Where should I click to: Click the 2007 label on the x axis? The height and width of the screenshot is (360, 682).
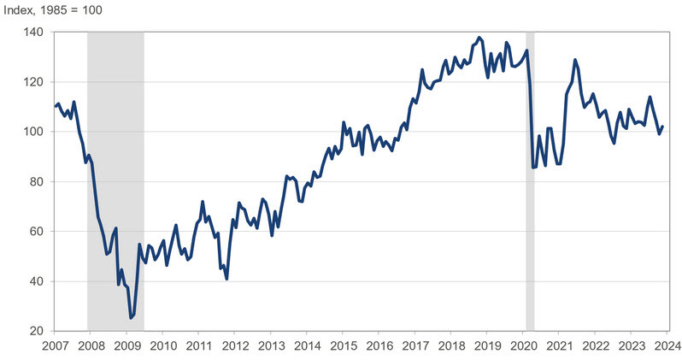pos(56,346)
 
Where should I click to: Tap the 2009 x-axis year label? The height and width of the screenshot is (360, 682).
pos(126,346)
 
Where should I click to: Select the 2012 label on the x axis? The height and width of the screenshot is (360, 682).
pos(234,346)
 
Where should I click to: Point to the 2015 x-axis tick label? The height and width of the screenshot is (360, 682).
pos(342,346)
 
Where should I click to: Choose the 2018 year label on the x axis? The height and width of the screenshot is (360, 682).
pos(450,346)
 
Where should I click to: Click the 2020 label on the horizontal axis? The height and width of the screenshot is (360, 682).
pos(521,346)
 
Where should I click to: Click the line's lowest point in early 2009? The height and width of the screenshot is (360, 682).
pos(131,318)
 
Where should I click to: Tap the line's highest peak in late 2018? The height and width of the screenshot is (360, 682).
pos(479,38)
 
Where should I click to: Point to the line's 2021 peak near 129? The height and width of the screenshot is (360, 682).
pos(574,60)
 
